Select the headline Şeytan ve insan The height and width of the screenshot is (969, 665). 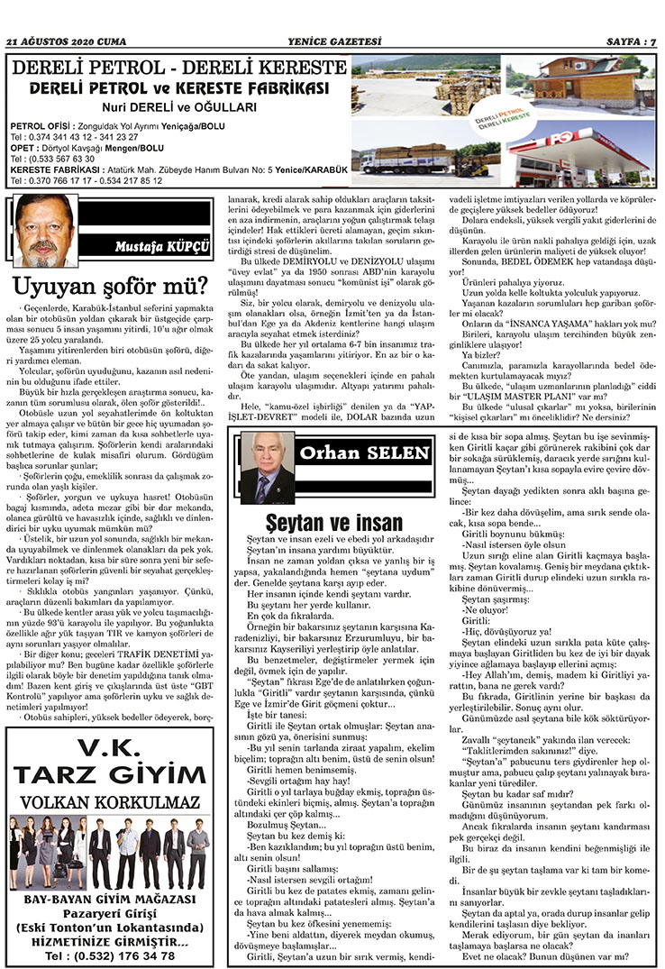[334, 522]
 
